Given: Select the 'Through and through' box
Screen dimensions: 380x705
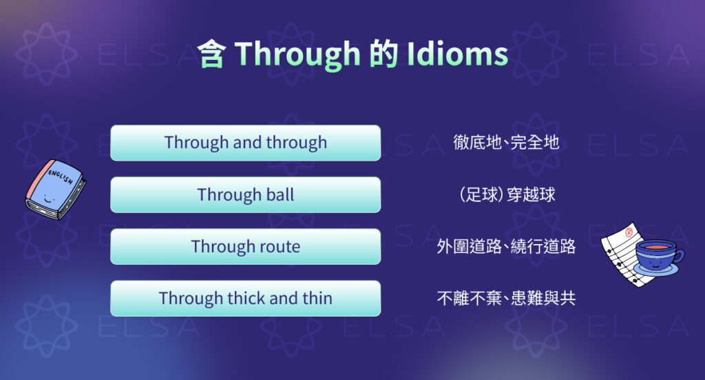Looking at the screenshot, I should tap(245, 143).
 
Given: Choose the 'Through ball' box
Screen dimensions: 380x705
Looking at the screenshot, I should tap(245, 194).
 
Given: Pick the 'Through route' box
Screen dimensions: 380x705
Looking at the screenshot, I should tap(245, 246).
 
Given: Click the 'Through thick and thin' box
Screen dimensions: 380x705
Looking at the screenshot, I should tap(245, 298).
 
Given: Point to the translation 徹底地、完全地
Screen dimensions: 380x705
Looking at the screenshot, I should tap(506, 143).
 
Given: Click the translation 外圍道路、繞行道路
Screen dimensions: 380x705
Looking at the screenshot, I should tap(506, 246).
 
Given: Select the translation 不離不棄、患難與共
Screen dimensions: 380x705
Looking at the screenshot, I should tap(506, 298).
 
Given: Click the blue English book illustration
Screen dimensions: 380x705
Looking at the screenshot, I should tap(55, 190).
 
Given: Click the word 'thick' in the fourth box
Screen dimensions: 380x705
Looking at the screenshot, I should tap(246, 298).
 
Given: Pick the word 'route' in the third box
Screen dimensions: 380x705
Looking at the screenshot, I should tap(279, 246).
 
